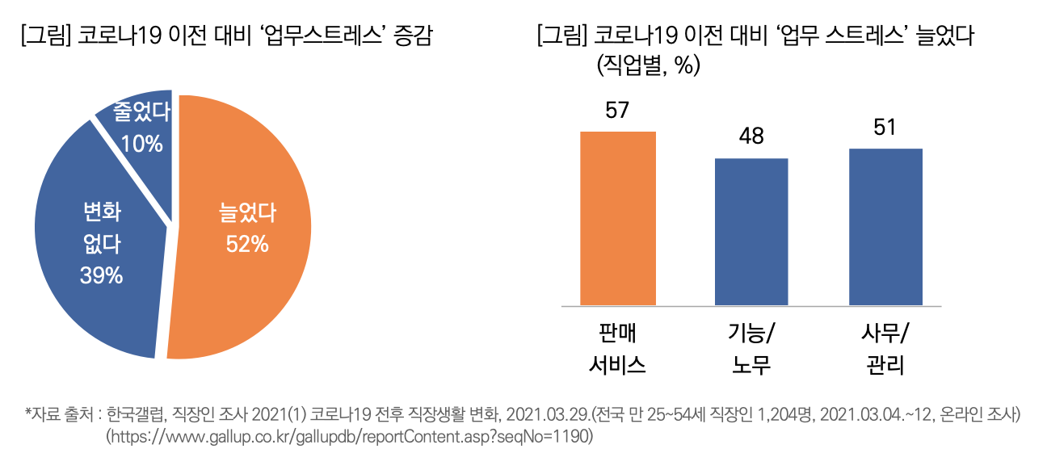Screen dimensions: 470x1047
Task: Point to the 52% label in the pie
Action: pyautogui.click(x=247, y=244)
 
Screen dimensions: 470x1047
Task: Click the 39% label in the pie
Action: pyautogui.click(x=101, y=275)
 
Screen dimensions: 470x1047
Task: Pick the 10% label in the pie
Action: pyautogui.click(x=141, y=144)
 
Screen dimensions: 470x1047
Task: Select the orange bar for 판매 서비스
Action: pyautogui.click(x=618, y=218)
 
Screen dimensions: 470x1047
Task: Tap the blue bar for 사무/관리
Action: pyautogui.click(x=885, y=227)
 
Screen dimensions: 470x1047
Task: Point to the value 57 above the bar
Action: pyautogui.click(x=618, y=110)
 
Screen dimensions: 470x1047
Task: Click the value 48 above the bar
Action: pyautogui.click(x=751, y=136)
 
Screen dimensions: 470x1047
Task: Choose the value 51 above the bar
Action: pyautogui.click(x=885, y=128)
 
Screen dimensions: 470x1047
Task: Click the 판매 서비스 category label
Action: pyautogui.click(x=618, y=348)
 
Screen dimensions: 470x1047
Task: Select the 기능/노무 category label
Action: pyautogui.click(x=751, y=348)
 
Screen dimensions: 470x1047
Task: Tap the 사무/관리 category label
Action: pyautogui.click(x=885, y=348)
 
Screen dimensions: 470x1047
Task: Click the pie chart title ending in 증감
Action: pyautogui.click(x=227, y=36)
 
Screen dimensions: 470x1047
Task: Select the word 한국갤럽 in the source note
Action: pyautogui.click(x=132, y=415)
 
